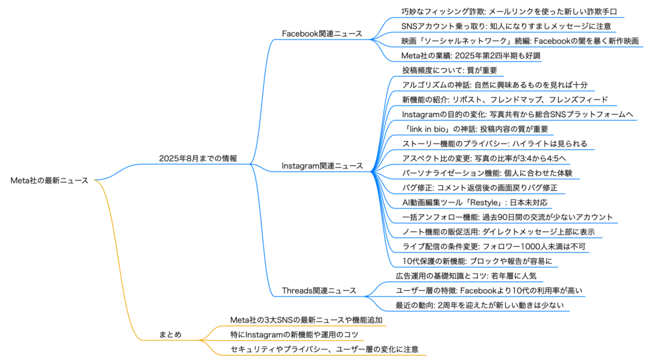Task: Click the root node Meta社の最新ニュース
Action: [49, 180]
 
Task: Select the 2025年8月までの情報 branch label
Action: [198, 158]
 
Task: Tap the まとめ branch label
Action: [170, 334]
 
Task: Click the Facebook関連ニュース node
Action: [322, 34]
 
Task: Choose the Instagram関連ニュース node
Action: [322, 166]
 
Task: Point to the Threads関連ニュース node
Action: [319, 290]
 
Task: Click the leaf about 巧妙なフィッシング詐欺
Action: [509, 11]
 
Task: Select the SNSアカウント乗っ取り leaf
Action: [506, 26]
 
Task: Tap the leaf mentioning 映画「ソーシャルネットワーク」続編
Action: [520, 41]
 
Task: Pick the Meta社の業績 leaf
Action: [471, 56]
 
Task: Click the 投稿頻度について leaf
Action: [450, 70]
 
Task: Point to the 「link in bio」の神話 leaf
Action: [475, 129]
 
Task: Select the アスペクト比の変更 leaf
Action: [484, 158]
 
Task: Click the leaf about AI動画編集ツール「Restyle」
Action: [475, 202]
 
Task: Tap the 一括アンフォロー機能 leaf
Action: [508, 217]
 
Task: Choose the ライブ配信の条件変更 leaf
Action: [494, 246]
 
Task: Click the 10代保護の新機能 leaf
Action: [477, 261]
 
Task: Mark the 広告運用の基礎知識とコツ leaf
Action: [466, 276]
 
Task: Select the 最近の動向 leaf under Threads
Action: [480, 305]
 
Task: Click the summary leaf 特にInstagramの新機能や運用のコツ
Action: [294, 334]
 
